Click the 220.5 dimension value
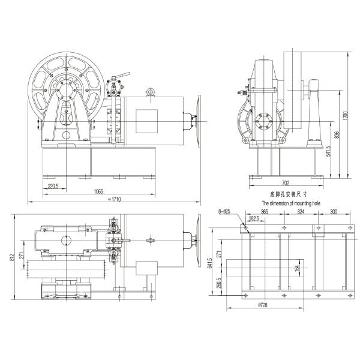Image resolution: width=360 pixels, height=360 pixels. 53,187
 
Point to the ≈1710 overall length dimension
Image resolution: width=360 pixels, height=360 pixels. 115,198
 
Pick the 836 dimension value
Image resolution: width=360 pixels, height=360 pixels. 336,136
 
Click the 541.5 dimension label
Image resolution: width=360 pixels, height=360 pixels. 328,154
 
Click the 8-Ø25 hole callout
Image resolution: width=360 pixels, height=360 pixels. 227,212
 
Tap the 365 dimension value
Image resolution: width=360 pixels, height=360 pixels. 265,212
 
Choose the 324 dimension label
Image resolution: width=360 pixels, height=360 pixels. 301,212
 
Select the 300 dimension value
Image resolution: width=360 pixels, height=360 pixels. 333,212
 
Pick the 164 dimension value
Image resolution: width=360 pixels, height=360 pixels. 298,269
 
